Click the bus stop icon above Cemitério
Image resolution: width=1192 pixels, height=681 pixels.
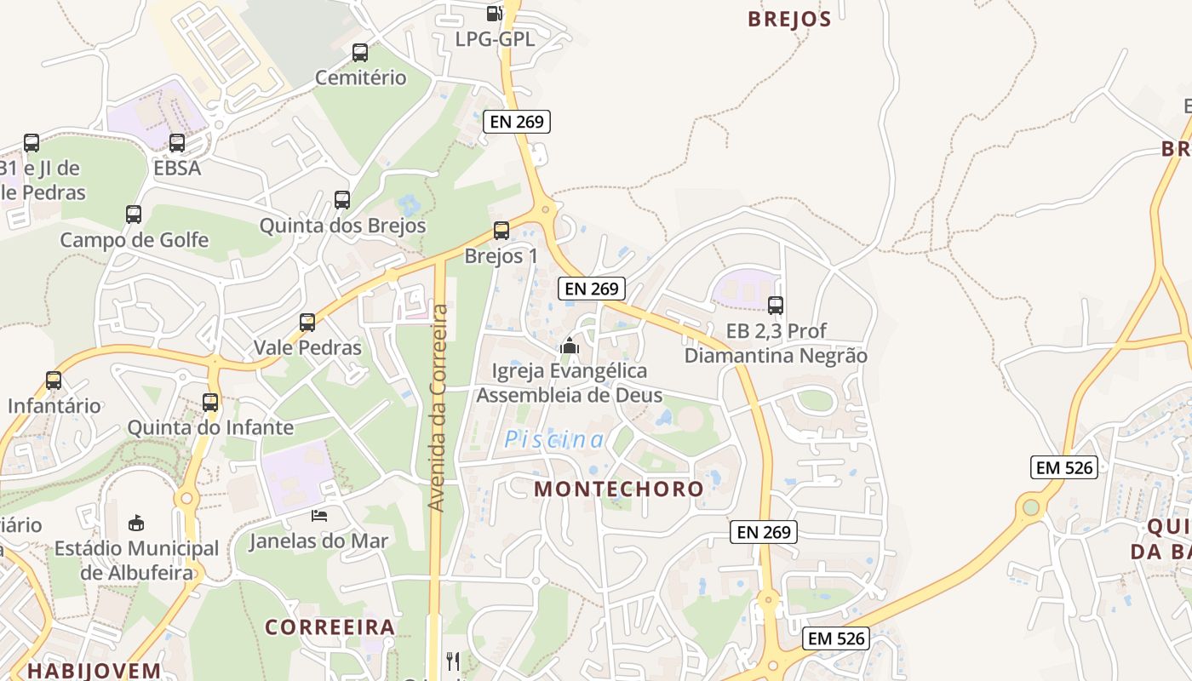(x=360, y=53)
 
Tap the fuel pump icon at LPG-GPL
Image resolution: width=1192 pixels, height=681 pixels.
(x=494, y=14)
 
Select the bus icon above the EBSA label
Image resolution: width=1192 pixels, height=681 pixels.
(x=177, y=143)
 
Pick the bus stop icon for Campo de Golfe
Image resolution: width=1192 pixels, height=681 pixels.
(x=134, y=215)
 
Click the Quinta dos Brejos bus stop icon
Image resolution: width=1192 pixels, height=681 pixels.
(x=342, y=200)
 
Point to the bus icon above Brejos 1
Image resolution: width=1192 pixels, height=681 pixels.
(x=501, y=231)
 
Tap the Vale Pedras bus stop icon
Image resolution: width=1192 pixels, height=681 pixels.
(x=307, y=323)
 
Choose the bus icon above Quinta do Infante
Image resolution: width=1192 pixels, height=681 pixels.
(x=210, y=403)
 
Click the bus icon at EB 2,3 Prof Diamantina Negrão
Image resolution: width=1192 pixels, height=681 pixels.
(x=776, y=306)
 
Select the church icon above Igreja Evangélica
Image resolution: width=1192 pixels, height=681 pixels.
(x=570, y=346)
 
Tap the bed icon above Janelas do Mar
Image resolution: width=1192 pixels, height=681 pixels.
(x=319, y=516)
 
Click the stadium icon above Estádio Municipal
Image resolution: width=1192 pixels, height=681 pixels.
(x=136, y=522)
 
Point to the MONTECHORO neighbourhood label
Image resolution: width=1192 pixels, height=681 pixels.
(x=619, y=489)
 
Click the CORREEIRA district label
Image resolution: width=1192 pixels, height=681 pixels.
(x=330, y=627)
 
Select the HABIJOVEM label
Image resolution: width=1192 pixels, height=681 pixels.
(x=94, y=671)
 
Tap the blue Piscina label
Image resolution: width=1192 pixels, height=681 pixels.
(x=554, y=439)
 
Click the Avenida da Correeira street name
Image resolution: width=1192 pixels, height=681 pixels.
(x=438, y=409)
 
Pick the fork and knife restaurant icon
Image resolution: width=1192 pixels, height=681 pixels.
(x=453, y=661)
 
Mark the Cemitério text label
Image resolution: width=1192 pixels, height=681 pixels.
(x=361, y=77)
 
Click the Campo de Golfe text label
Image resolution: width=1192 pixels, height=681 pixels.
(x=134, y=240)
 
